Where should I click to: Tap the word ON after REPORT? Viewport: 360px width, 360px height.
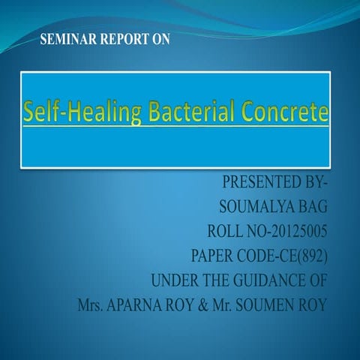(x=160, y=39)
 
